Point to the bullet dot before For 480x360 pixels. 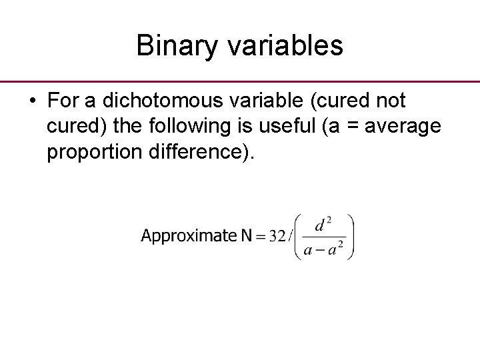pos(32,101)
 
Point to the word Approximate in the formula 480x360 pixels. pos(189,236)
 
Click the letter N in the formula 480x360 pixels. pos(246,236)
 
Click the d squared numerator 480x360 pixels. pos(323,224)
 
